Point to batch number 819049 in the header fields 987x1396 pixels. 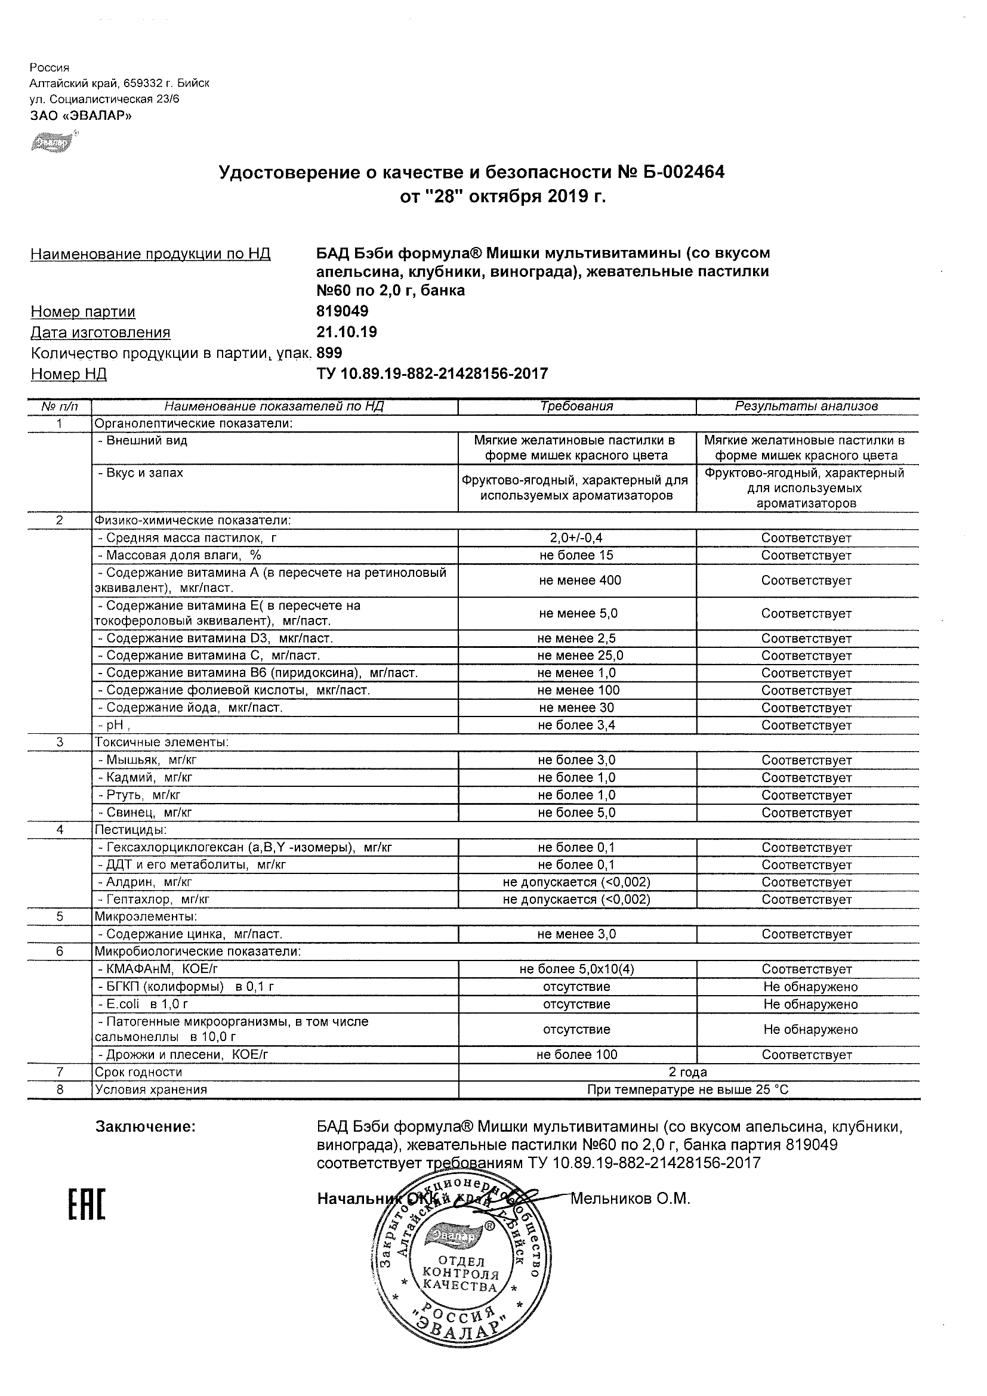pos(343,311)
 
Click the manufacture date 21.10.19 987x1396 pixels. pos(347,332)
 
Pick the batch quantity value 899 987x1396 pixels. pos(329,353)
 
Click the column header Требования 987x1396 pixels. pos(576,406)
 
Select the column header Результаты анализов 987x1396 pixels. pos(806,406)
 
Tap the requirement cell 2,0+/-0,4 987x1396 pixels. pos(576,538)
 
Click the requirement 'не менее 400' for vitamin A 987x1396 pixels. pos(579,580)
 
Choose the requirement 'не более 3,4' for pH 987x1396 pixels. pos(576,725)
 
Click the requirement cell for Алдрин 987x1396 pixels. pos(576,882)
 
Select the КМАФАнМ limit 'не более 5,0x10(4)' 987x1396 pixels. pos(576,969)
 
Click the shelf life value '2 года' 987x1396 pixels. pos(688,1072)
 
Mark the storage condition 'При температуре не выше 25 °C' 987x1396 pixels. pos(688,1089)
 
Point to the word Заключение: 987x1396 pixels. pos(146,1127)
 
